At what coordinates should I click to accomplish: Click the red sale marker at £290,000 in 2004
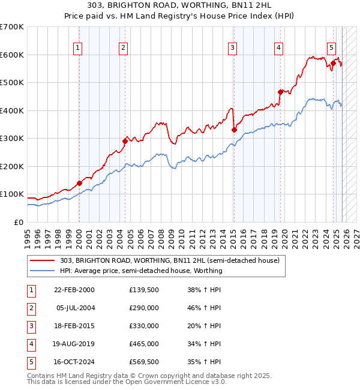(x=125, y=141)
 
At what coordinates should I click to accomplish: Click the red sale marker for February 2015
(x=234, y=130)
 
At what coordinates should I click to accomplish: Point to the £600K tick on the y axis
(x=12, y=55)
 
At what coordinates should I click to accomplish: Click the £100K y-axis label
(x=12, y=194)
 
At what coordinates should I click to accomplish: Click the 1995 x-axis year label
(x=28, y=234)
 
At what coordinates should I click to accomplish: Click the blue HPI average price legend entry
(x=141, y=271)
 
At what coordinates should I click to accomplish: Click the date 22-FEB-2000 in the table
(x=74, y=290)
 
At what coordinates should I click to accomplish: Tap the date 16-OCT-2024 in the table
(x=74, y=362)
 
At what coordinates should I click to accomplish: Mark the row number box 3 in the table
(x=30, y=326)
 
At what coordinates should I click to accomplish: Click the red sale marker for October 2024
(x=333, y=62)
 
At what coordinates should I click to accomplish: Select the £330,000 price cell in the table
(x=144, y=326)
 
